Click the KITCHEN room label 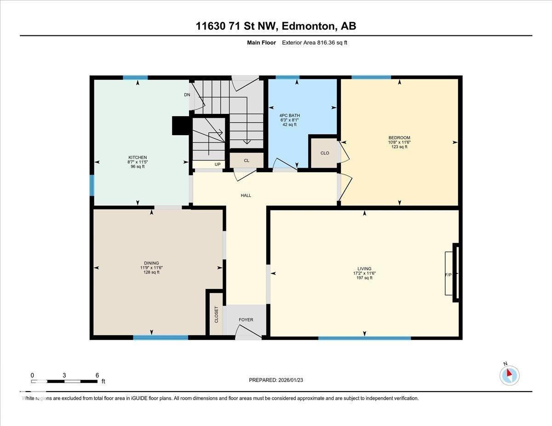click(x=137, y=158)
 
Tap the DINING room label click(x=151, y=263)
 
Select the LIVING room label click(x=364, y=269)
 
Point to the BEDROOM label click(x=399, y=138)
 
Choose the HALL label click(x=246, y=195)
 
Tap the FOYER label click(x=246, y=320)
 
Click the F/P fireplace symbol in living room click(x=448, y=274)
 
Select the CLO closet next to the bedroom click(x=325, y=153)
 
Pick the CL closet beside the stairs click(x=247, y=160)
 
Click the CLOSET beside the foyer click(x=216, y=315)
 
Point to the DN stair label click(x=187, y=95)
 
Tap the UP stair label click(x=218, y=165)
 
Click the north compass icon click(x=509, y=375)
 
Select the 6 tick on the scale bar click(x=97, y=375)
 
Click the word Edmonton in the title click(x=308, y=26)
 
